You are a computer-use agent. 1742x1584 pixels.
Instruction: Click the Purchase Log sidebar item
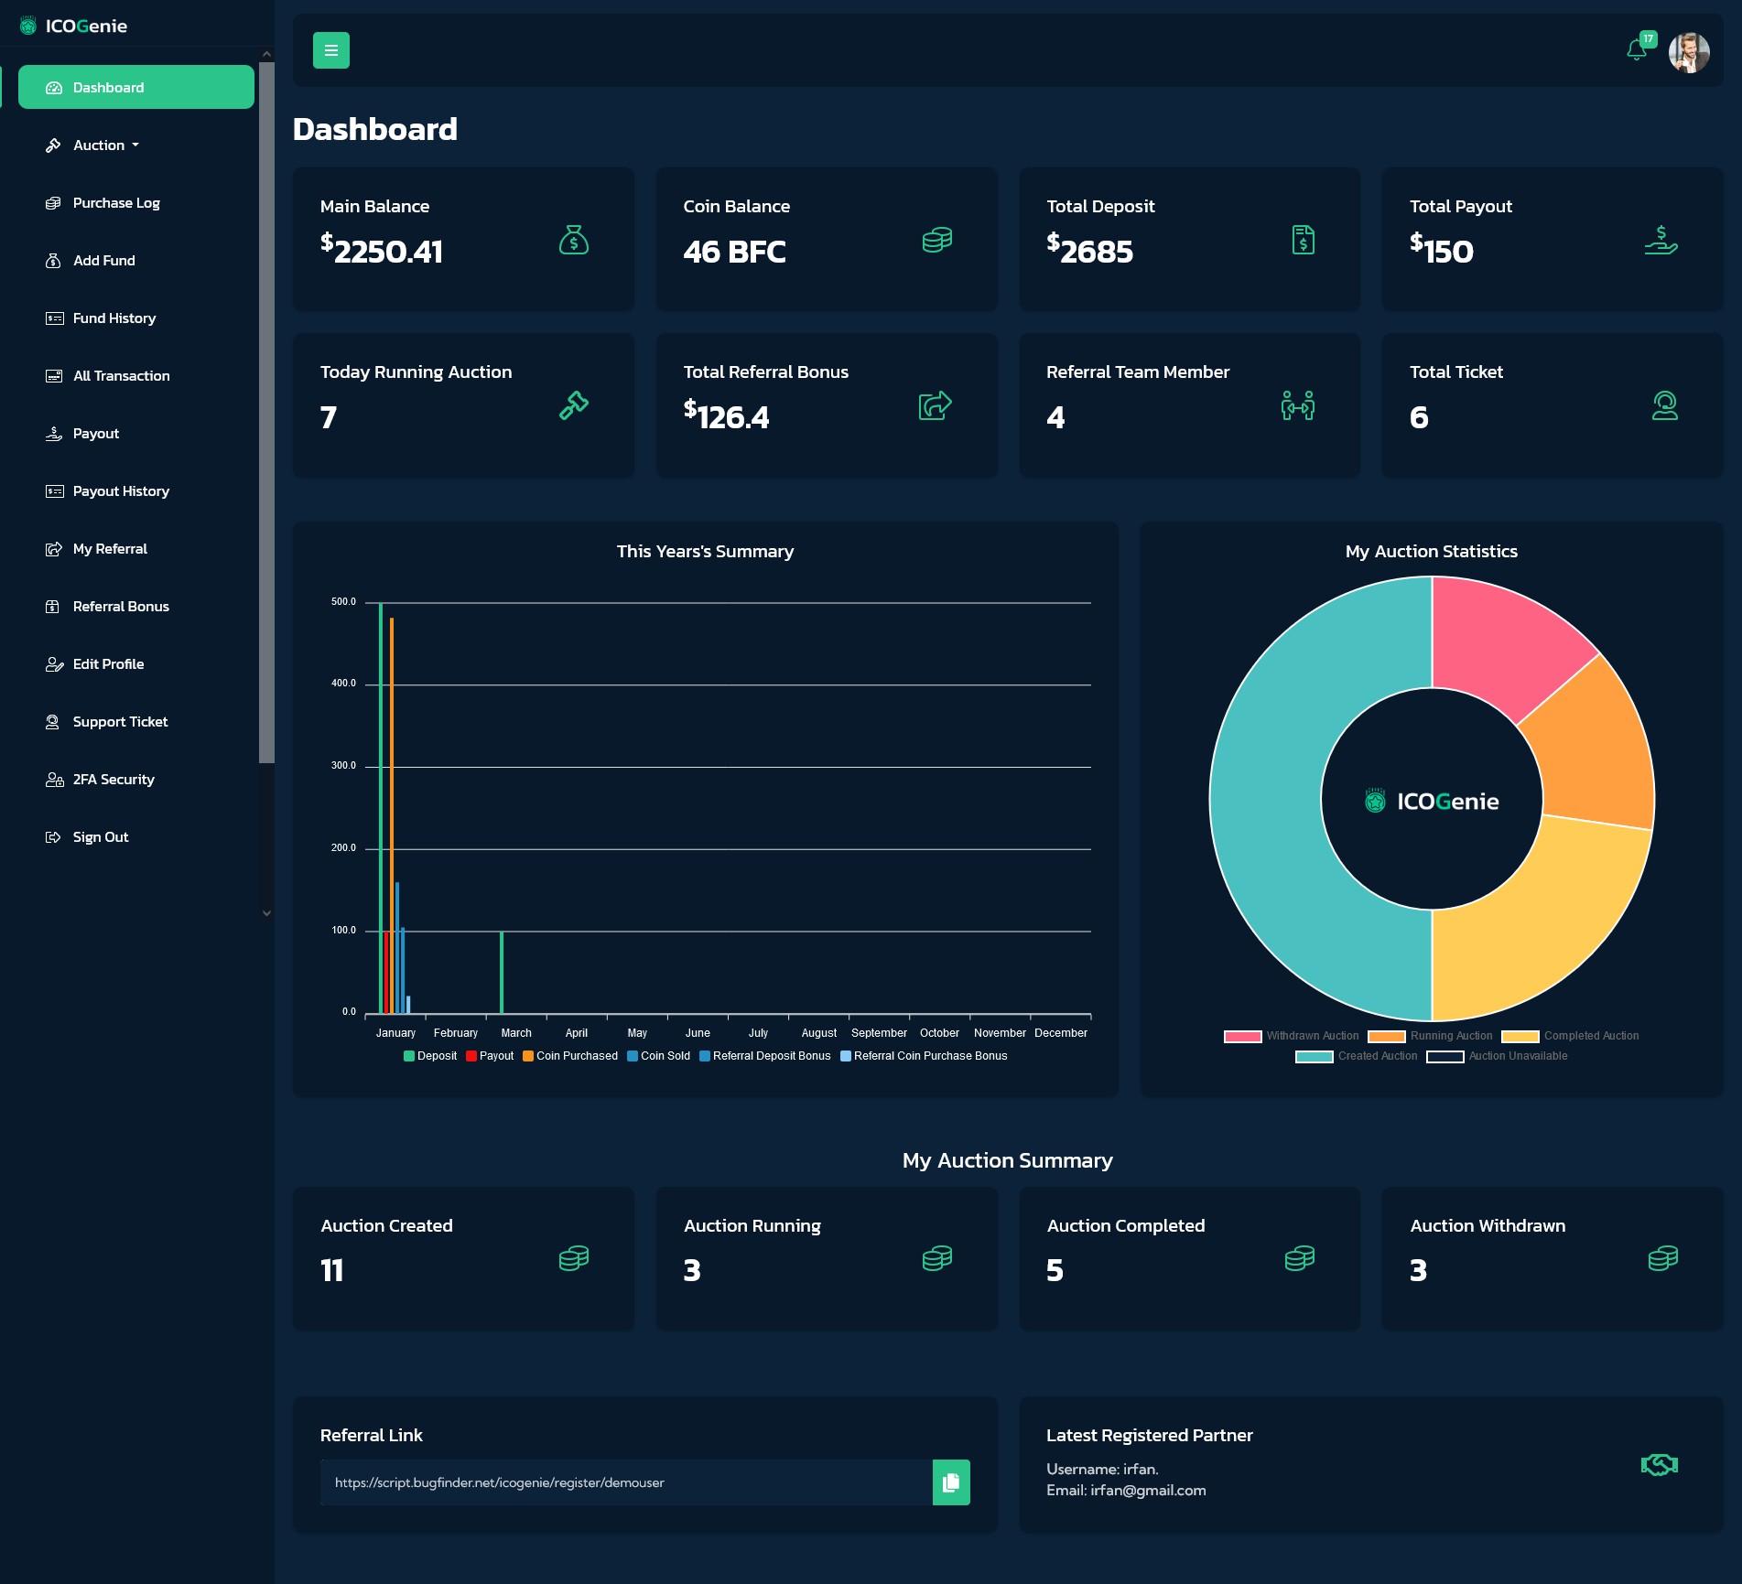116,203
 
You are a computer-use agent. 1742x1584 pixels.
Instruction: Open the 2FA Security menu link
114,780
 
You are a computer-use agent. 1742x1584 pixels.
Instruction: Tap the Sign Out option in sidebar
101,837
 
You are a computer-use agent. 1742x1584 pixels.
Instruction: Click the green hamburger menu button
331,50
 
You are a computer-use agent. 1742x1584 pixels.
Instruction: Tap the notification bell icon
1637,50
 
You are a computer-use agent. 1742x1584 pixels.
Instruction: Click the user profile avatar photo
1689,52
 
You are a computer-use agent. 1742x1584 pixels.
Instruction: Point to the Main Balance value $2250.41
382,251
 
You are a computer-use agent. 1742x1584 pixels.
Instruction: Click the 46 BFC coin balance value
734,252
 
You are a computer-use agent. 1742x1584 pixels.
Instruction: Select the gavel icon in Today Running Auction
574,404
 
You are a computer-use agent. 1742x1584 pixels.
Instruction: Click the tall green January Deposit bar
381,805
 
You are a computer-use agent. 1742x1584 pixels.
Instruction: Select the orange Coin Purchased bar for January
392,814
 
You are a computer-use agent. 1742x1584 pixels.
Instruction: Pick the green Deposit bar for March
502,972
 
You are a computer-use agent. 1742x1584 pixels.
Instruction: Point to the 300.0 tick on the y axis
343,766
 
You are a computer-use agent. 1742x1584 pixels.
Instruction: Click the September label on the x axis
879,1033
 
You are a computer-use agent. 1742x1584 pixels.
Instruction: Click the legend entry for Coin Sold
659,1056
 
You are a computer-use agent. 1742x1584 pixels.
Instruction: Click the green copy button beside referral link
951,1482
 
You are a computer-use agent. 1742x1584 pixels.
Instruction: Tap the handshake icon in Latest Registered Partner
1659,1465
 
